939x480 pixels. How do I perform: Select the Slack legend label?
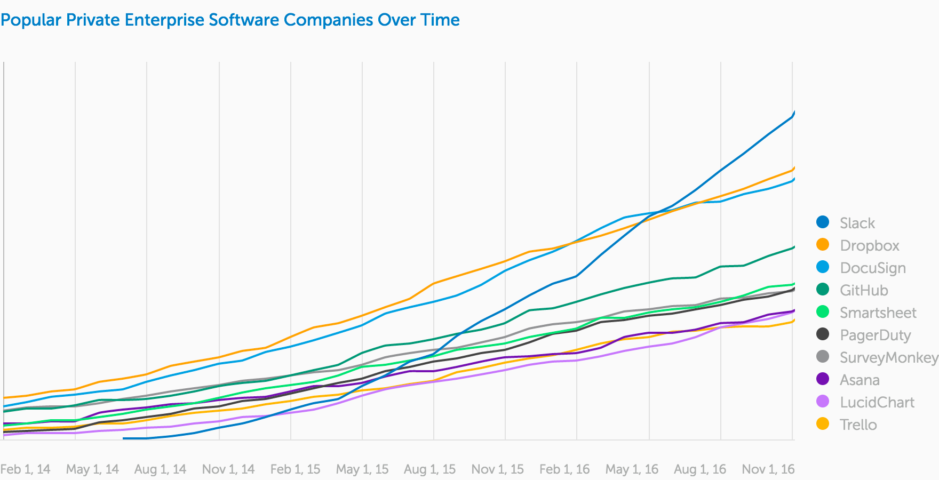[857, 223]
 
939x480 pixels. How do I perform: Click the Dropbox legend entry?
[869, 245]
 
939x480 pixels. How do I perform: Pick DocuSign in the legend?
[872, 268]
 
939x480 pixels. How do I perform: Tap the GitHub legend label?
[863, 290]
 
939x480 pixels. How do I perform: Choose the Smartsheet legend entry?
[878, 313]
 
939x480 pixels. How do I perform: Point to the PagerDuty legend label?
[875, 335]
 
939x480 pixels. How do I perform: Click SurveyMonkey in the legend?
[888, 357]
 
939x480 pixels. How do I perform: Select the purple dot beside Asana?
[823, 379]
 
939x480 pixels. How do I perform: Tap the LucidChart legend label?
[877, 402]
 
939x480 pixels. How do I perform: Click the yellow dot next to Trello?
[823, 424]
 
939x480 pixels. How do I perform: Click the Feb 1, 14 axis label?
[25, 469]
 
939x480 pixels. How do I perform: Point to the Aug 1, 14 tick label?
[160, 469]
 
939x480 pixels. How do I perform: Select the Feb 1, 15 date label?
[295, 469]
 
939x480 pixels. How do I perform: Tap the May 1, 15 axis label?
[362, 469]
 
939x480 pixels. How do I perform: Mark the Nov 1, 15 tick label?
[497, 469]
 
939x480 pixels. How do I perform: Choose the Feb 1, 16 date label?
[564, 469]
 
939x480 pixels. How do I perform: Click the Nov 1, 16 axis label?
[768, 469]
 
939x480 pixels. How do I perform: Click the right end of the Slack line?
[794, 113]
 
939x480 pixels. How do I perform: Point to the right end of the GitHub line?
[794, 247]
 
